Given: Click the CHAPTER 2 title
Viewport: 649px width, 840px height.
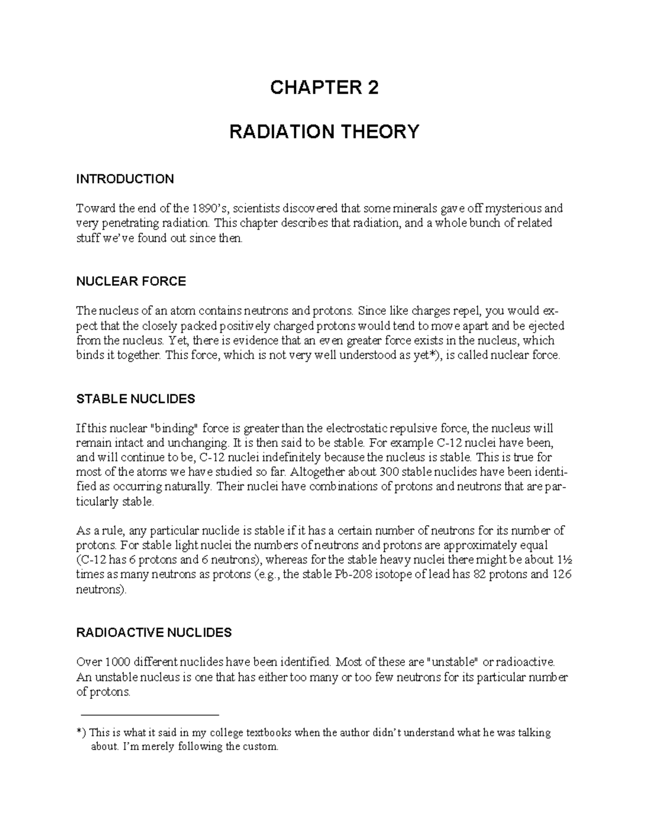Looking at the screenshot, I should tap(324, 88).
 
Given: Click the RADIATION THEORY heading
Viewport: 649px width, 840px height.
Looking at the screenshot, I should tap(324, 131).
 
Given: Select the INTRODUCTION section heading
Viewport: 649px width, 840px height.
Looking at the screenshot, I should tap(125, 179).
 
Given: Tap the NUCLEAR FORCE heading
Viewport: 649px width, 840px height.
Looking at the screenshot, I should tap(131, 281).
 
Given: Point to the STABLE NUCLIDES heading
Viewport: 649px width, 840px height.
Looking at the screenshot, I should tap(135, 399).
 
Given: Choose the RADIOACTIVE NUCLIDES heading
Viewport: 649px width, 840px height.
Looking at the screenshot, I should tap(154, 632).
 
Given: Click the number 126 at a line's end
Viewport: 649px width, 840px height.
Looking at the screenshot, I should tap(561, 574).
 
